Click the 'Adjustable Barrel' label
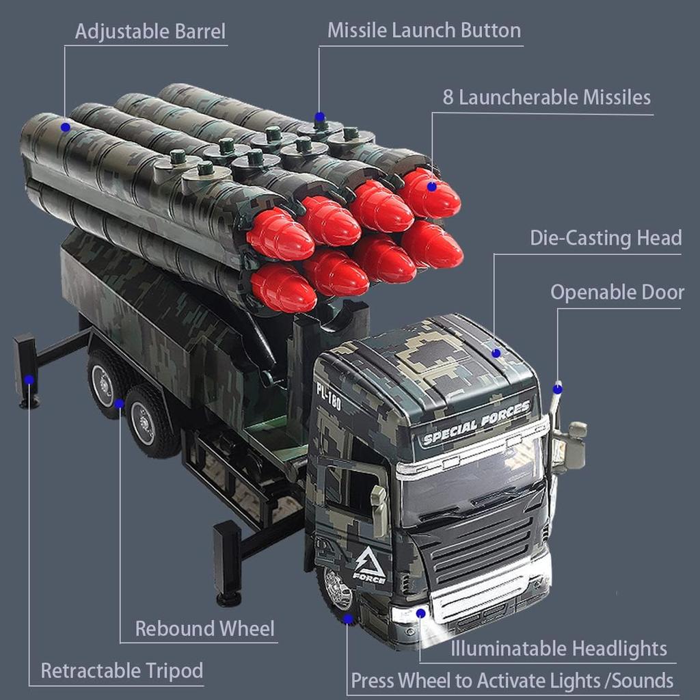pos(150,31)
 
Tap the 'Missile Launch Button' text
pos(424,31)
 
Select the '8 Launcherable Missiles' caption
pos(547,97)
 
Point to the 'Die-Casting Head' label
pos(606,238)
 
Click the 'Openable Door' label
pos(617,293)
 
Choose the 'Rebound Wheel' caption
pos(204,628)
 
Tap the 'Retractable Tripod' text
pos(122,671)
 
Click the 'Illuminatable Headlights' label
pos(558,648)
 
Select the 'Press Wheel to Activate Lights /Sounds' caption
pos(512,681)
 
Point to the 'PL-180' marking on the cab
pos(328,398)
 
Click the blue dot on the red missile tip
pos(431,186)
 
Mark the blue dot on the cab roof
pos(496,353)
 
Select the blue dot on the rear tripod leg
pos(29,380)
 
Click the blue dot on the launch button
pos(319,117)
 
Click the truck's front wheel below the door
pos(336,589)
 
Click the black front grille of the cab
pos(482,547)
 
